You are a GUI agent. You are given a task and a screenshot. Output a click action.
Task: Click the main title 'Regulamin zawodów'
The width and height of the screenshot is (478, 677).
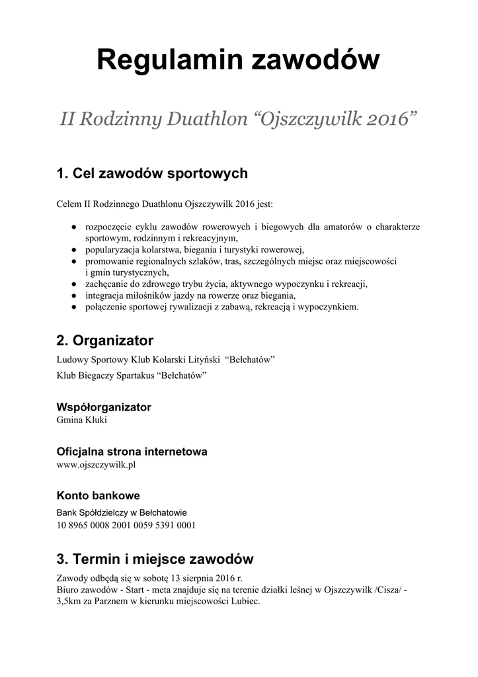tap(238, 61)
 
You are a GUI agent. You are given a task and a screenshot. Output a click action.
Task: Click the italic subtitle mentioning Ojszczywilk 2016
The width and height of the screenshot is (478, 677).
tap(238, 121)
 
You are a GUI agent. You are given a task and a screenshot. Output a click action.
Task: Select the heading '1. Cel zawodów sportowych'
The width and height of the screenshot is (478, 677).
tap(152, 174)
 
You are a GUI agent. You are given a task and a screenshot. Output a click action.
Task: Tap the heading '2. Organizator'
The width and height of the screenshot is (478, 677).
tap(105, 341)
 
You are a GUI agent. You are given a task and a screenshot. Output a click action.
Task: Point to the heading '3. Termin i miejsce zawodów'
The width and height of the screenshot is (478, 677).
tap(155, 559)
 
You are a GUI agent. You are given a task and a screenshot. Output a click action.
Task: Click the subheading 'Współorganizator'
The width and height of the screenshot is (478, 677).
tap(104, 407)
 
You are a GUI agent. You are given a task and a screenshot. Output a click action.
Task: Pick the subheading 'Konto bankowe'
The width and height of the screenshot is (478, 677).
tap(98, 496)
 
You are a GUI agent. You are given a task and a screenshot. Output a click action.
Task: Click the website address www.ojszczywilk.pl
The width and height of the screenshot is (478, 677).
tap(97, 465)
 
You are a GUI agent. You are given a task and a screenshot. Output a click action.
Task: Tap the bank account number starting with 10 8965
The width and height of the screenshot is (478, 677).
tap(126, 526)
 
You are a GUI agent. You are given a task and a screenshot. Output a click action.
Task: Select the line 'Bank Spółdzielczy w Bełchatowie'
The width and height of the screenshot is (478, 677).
tap(122, 512)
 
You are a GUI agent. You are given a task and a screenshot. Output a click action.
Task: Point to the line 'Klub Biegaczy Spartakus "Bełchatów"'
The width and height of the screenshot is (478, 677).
tap(132, 376)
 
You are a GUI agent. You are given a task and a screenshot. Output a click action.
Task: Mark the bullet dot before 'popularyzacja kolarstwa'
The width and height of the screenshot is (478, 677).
tap(73, 250)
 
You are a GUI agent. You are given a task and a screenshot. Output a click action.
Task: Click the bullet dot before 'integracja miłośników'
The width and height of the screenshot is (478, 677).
tap(73, 296)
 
